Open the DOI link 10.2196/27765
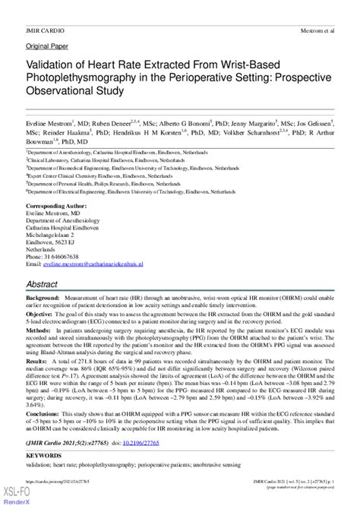coord(131,441)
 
